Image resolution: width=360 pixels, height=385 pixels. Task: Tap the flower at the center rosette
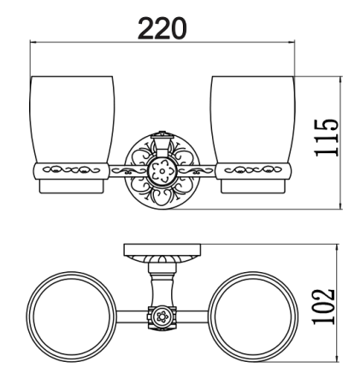[x=162, y=169]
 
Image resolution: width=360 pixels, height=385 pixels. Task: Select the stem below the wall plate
[x=161, y=279]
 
